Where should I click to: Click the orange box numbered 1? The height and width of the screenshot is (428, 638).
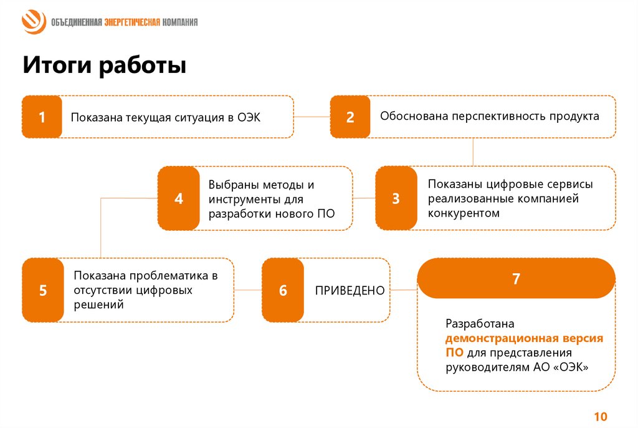tap(42, 117)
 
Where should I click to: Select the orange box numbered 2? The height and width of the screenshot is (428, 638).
tap(350, 117)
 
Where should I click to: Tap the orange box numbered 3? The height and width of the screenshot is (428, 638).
tap(396, 198)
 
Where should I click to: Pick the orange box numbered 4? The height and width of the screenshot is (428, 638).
tap(178, 198)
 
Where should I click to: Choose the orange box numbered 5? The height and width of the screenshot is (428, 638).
tap(42, 290)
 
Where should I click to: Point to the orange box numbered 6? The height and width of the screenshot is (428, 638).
tap(283, 290)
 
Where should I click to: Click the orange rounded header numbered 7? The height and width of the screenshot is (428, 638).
tap(516, 279)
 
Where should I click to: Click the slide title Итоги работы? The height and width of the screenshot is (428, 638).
tap(104, 66)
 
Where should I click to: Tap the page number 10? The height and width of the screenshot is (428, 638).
tap(601, 417)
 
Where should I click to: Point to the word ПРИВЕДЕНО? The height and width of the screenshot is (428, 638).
tap(350, 291)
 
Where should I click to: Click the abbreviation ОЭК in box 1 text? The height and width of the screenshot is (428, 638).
tap(249, 117)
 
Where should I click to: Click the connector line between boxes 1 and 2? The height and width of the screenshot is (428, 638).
tap(312, 117)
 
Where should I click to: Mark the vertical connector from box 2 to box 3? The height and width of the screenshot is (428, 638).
tap(473, 152)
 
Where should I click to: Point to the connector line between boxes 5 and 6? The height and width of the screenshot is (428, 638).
tap(248, 290)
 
